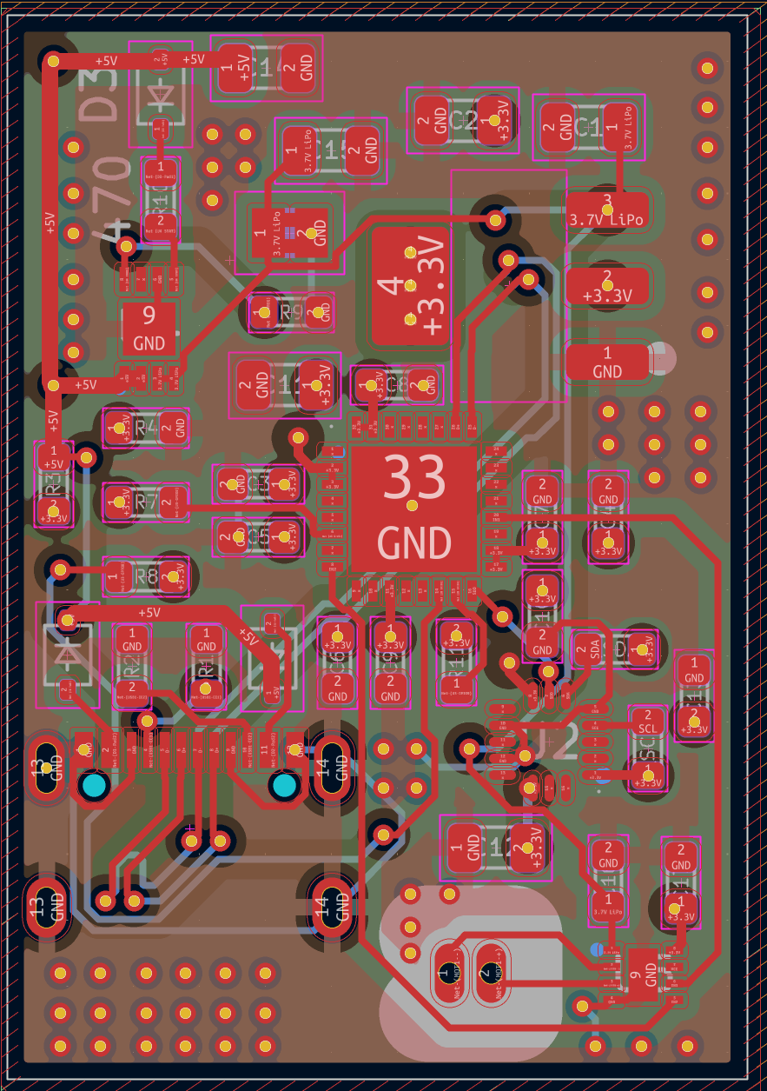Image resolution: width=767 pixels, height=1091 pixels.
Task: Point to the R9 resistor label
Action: tap(290, 312)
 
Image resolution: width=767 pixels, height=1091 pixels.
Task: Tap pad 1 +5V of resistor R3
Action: tap(54, 457)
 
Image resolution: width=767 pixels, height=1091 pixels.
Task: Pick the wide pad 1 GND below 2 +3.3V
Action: tap(607, 362)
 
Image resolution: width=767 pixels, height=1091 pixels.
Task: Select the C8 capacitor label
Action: tap(398, 383)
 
